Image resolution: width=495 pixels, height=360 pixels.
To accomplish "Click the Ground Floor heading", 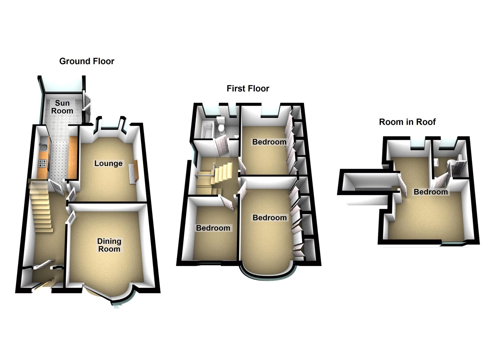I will [x=87, y=61].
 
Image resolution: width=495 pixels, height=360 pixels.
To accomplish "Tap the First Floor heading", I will [x=248, y=89].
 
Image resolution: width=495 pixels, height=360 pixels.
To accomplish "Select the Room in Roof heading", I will [x=407, y=122].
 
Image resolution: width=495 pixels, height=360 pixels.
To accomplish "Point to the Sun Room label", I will [x=62, y=107].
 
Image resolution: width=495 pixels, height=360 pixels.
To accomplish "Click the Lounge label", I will [x=108, y=163].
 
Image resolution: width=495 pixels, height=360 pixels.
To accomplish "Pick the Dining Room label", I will [x=109, y=245].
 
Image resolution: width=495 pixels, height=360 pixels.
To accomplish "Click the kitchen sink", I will [x=43, y=148].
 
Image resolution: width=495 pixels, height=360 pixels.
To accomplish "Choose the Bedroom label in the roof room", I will [x=431, y=192].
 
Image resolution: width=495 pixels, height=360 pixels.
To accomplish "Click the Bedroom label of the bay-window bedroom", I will [x=270, y=218].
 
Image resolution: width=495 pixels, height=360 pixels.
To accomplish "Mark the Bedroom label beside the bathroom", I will [x=269, y=142].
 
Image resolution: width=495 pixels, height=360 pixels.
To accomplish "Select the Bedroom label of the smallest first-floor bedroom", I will [x=213, y=228].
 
